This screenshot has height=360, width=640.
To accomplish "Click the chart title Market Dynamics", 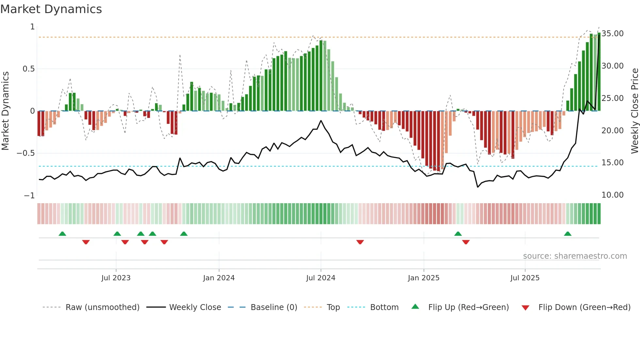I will coord(51,9).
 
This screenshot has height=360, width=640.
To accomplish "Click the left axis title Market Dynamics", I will coord(5,111).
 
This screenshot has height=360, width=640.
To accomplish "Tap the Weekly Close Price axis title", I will coord(634,111).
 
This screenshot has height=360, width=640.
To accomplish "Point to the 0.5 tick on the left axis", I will coord(28,69).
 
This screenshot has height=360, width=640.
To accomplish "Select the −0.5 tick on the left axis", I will coord(26,153).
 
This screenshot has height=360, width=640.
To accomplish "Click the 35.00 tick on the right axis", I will coord(613,34).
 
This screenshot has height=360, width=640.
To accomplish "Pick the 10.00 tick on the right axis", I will coord(613,195).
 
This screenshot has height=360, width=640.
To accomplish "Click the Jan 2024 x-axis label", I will coord(219,278).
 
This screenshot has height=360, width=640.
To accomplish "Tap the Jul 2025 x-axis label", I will coord(525,278).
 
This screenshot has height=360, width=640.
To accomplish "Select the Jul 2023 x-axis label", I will coord(116,278).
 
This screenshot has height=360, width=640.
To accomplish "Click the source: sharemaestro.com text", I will coord(575,256).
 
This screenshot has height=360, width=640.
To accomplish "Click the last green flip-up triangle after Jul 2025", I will coord(568,234).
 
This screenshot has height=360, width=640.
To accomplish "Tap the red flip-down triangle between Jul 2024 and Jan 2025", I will coord(360,242).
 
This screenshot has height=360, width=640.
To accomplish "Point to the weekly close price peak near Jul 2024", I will coord(321,121).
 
